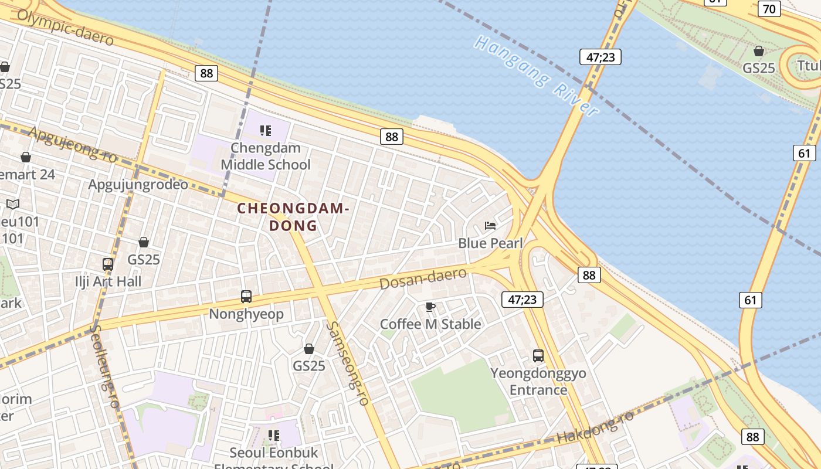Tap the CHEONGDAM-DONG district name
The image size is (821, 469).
point(293,217)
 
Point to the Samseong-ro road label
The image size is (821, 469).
point(348,363)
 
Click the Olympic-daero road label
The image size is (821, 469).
point(65,27)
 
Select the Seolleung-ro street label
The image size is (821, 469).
point(105,366)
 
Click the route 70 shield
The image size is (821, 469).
point(769,9)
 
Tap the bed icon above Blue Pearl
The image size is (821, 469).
point(490,226)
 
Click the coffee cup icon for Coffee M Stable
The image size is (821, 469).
point(430,307)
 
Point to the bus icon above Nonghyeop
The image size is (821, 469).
point(246,297)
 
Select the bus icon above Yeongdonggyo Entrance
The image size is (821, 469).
point(538,355)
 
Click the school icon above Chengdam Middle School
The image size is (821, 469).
point(266,130)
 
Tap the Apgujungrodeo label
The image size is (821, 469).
point(138,185)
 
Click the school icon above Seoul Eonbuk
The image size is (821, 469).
point(273,435)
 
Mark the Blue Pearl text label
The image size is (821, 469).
point(490,243)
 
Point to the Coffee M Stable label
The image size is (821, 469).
point(430,324)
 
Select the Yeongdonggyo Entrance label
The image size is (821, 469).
point(538,381)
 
